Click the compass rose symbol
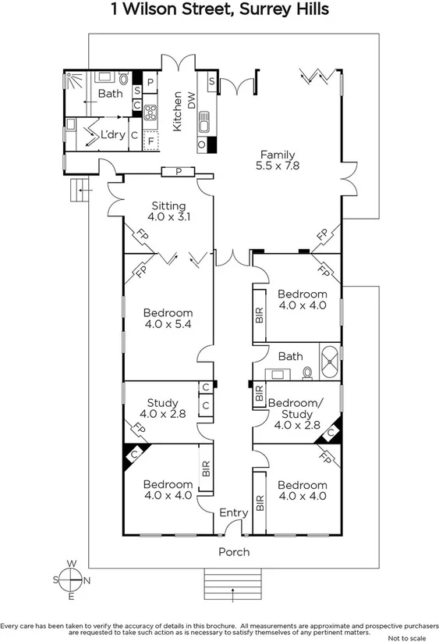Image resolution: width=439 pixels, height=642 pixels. click(71, 579)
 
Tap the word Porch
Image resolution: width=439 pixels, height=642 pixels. click(234, 551)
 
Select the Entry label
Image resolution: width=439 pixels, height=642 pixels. click(233, 512)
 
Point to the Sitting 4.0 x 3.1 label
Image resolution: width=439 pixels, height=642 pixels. click(168, 212)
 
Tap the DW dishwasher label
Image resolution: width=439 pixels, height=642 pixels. click(191, 120)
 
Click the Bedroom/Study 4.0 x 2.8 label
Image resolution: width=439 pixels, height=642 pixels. click(291, 414)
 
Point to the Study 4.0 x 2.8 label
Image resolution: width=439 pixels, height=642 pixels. click(159, 408)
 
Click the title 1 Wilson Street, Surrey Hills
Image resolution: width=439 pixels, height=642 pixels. click(219, 10)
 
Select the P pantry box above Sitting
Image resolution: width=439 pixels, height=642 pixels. click(179, 172)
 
